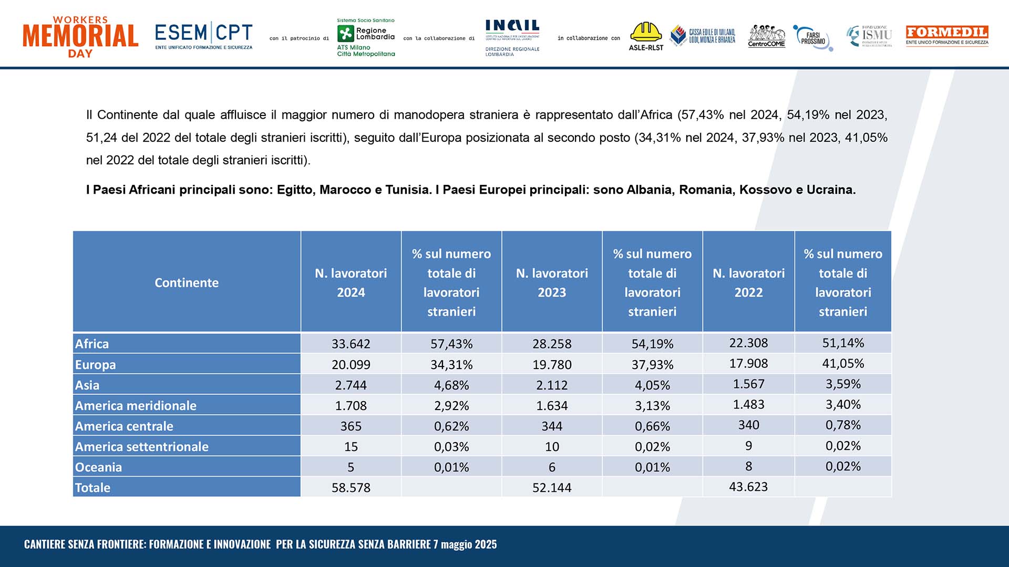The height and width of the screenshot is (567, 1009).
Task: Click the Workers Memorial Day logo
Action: pos(80,37)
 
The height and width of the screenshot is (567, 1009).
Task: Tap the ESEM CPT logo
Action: pos(204,36)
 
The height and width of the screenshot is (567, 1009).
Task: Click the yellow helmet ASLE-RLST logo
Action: pos(646,36)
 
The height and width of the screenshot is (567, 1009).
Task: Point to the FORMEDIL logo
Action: pos(947,36)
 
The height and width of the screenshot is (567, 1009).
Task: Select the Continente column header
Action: pos(187,282)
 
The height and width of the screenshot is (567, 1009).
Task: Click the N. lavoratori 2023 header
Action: pos(552,282)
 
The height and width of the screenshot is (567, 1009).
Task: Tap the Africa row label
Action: pos(92,344)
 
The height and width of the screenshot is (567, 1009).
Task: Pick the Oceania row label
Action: pos(98,467)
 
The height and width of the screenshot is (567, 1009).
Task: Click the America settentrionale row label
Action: pos(142,447)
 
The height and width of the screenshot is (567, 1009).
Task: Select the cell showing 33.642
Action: pos(351,344)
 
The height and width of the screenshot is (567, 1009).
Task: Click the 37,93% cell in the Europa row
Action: pos(652,364)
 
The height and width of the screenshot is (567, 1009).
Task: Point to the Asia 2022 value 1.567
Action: pos(748,384)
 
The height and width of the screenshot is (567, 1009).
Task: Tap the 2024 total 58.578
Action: pos(351,487)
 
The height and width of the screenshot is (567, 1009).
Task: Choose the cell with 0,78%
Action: pos(843,425)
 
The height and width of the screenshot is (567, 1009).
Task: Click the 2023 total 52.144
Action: pos(552,487)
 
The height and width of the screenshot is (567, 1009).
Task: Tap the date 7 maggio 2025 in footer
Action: pos(465,544)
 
